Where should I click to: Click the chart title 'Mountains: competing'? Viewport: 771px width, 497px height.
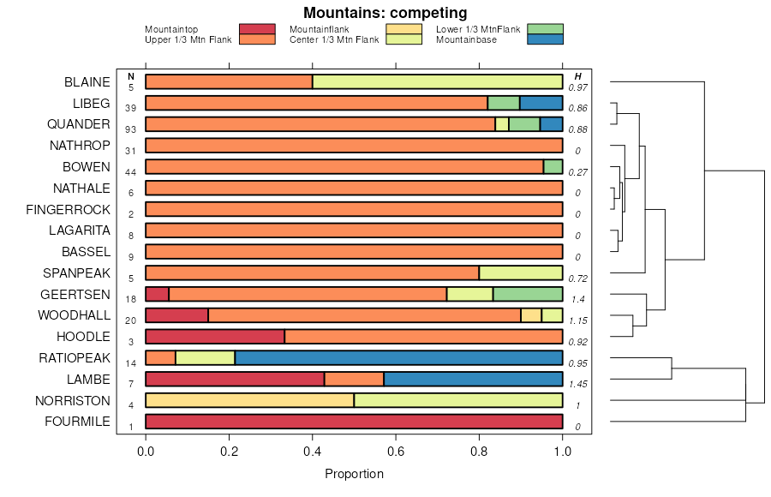coord(385,13)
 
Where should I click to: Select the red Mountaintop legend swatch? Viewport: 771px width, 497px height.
coord(257,29)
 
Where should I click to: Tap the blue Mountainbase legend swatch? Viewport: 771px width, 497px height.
coord(546,39)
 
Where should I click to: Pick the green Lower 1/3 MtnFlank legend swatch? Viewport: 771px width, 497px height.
coord(546,29)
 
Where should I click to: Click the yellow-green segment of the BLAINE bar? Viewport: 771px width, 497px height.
coord(437,82)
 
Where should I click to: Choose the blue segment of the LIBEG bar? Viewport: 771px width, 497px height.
coord(541,103)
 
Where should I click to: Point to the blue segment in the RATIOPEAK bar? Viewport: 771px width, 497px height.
coord(398,357)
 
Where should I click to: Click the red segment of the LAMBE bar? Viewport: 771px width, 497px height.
coord(235,379)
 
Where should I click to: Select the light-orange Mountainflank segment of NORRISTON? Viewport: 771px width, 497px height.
coord(249,400)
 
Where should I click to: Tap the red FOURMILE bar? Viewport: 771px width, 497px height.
coord(354,422)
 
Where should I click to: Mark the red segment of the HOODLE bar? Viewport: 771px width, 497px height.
coord(215,336)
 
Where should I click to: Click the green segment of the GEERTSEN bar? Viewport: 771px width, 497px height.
coord(528,294)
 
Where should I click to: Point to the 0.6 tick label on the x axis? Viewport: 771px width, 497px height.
coord(396,452)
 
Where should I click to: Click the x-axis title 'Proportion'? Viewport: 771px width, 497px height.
coord(354,474)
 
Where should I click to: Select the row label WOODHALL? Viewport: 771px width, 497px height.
coord(74,315)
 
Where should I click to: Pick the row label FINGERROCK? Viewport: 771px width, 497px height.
coord(68,209)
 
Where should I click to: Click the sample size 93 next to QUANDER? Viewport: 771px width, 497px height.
coord(131,129)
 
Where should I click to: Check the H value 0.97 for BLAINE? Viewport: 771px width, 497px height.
coord(577,87)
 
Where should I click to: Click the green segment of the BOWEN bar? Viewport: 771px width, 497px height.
coord(553,166)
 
